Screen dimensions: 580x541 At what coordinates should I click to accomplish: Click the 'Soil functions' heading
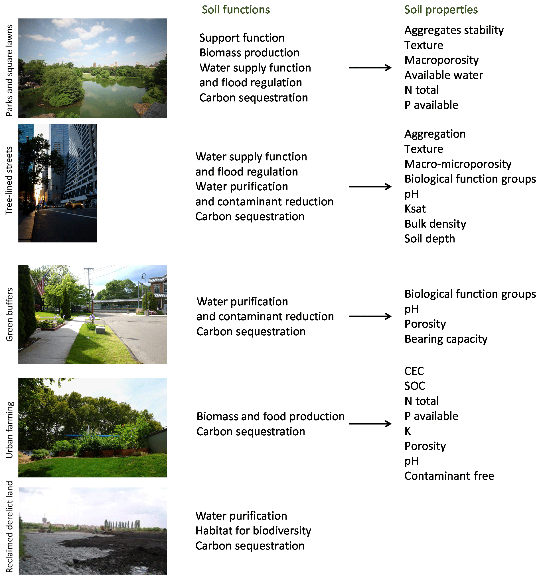point(236,10)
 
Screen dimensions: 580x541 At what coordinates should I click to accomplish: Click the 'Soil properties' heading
point(441,10)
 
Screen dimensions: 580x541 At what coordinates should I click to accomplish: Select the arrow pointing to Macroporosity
point(370,68)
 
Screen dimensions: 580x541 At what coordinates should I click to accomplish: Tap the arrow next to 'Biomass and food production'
point(370,424)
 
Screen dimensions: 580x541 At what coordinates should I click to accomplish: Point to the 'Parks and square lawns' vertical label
point(9,70)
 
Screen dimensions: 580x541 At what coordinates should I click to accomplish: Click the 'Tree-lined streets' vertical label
point(9,180)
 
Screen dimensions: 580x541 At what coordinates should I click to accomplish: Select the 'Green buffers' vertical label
point(9,314)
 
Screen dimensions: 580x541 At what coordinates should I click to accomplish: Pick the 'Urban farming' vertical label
point(9,430)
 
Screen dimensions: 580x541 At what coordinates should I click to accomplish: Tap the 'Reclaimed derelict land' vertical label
point(9,527)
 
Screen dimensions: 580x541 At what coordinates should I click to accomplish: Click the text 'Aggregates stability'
point(454,30)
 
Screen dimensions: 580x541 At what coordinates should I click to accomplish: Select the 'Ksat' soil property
point(415,209)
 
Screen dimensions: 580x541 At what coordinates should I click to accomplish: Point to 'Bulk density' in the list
point(435,224)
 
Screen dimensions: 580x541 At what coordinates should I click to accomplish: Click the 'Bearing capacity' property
point(445,339)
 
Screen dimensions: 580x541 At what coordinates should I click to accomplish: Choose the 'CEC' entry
point(414,371)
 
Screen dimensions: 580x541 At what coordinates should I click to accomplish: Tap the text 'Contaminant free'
point(449,476)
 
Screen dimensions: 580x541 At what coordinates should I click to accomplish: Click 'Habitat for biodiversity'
point(253,531)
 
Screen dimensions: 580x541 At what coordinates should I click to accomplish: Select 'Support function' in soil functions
point(242,38)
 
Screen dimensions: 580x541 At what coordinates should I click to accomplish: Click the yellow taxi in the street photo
point(74,205)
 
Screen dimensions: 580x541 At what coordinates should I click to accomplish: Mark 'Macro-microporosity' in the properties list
point(457,164)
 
